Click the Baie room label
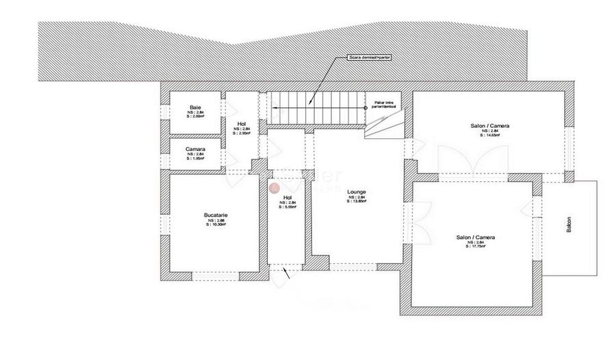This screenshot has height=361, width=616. click(195, 107)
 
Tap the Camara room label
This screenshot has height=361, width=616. click(195, 148)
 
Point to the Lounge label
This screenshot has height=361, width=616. click(356, 192)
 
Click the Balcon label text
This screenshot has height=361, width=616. click(569, 226)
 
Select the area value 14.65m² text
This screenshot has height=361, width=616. click(489, 135)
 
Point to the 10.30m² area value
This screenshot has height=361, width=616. click(216, 226)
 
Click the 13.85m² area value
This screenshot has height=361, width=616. click(357, 202)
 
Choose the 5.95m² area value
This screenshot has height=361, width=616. click(287, 207)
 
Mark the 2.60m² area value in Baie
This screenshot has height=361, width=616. click(195, 116)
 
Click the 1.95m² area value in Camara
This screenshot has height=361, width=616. click(195, 159)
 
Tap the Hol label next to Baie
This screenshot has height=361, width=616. click(242, 123)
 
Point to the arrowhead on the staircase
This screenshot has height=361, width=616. click(274, 107)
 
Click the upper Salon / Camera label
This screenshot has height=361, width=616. click(489, 126)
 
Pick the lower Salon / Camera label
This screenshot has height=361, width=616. click(476, 237)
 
